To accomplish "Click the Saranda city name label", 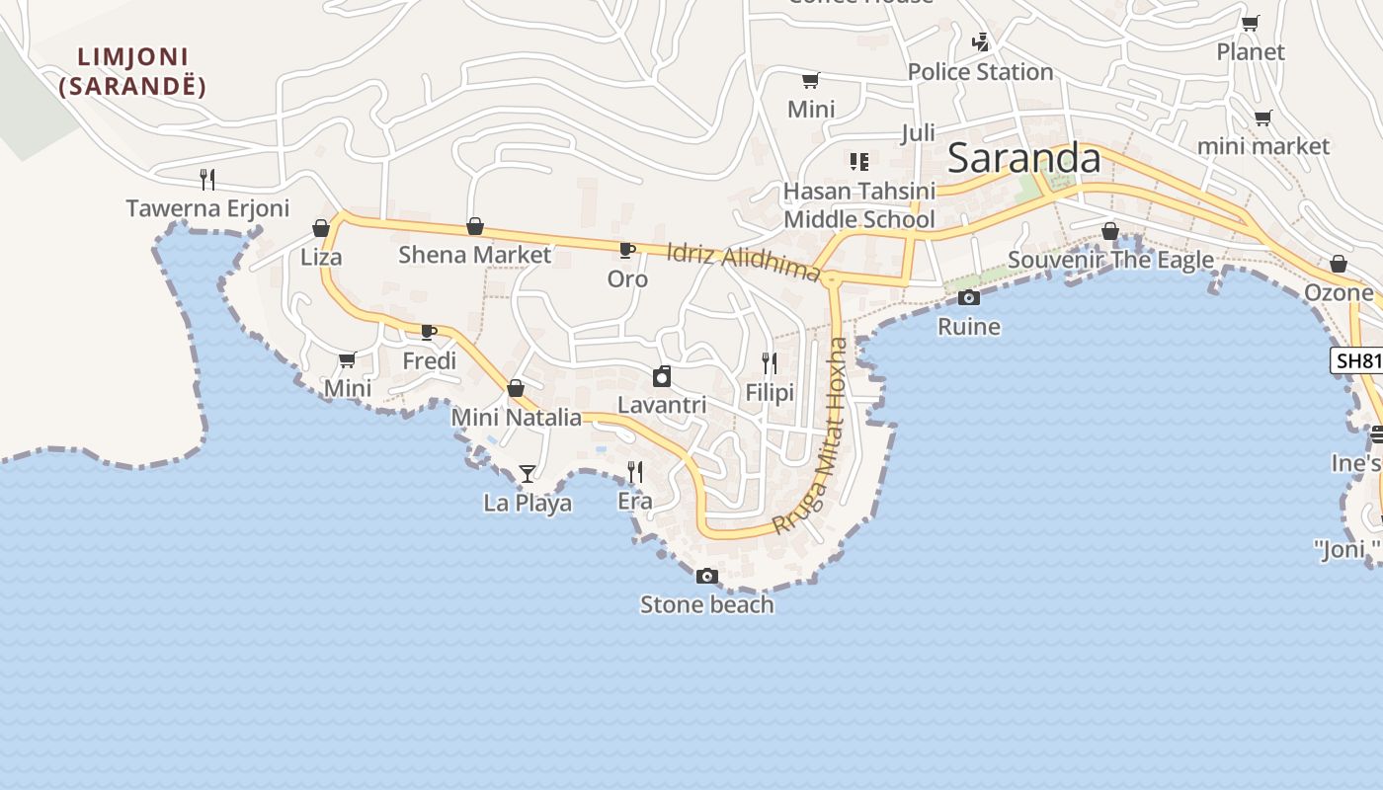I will (x=1023, y=159).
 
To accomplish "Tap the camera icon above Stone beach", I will (x=707, y=576).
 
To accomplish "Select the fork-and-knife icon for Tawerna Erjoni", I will (x=207, y=179).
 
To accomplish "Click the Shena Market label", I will (x=474, y=255).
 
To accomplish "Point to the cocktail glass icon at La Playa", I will (x=528, y=474).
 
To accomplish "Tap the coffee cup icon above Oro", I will (x=626, y=250).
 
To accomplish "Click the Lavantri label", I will (x=661, y=405).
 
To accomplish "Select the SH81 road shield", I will (x=1358, y=360).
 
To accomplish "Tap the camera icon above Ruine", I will (x=968, y=297).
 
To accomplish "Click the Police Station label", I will (x=980, y=72).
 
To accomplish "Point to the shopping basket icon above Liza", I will (x=321, y=229).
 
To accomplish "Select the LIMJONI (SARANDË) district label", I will (x=132, y=72).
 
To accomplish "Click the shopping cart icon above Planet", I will (x=1250, y=23).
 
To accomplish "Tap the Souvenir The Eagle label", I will (x=1110, y=260).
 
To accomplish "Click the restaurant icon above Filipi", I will (x=770, y=362).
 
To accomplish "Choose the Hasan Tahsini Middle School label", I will (x=858, y=204).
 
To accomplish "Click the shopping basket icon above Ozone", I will (x=1338, y=264).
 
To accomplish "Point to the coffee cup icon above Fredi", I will (x=429, y=332).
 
